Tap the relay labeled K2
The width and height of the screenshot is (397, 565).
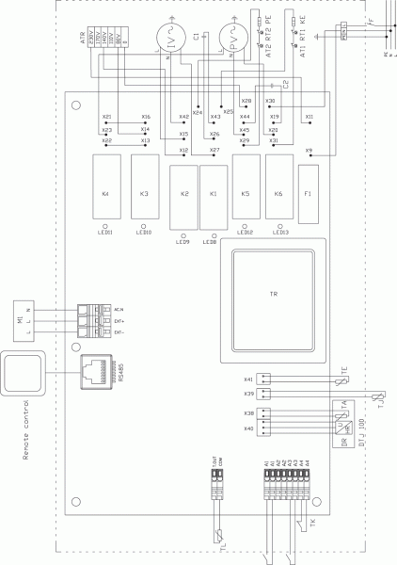[x=184, y=194]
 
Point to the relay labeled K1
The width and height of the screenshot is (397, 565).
[x=213, y=194]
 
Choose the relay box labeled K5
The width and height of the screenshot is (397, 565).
[x=246, y=193]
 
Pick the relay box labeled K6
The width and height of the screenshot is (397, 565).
[x=278, y=193]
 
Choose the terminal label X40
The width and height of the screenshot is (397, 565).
[x=249, y=428]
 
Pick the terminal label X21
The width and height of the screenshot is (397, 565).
[x=106, y=117]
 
